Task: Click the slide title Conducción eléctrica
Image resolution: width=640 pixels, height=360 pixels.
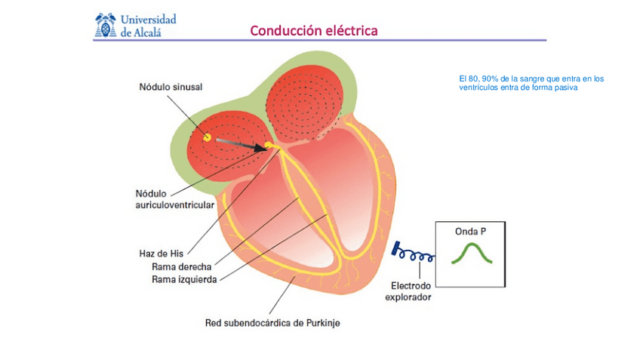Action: (x=313, y=31)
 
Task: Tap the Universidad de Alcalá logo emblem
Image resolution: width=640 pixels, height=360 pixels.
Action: (x=105, y=25)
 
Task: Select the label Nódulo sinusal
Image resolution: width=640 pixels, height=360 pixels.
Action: (x=171, y=87)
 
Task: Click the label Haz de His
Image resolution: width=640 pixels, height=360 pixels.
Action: (x=162, y=253)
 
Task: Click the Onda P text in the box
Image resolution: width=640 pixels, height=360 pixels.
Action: (x=470, y=232)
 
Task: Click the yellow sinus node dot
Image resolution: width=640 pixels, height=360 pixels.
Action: (x=206, y=137)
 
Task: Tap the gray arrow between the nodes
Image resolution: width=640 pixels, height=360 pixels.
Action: (x=241, y=143)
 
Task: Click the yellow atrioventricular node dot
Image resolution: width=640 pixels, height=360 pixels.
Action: (x=269, y=146)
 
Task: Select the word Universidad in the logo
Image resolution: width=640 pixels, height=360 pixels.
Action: (x=148, y=19)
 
